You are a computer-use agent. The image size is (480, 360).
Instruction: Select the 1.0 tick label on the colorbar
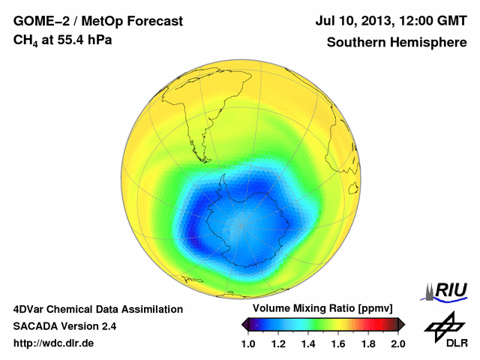click(x=249, y=343)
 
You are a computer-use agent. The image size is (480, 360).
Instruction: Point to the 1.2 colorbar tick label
click(x=279, y=343)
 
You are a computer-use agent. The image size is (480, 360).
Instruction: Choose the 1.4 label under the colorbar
click(x=309, y=343)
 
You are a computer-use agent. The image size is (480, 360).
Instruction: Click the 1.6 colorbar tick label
click(x=338, y=343)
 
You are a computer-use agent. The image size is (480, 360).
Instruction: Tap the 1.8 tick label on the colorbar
click(x=368, y=343)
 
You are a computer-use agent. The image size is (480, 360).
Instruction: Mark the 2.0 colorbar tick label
click(x=397, y=343)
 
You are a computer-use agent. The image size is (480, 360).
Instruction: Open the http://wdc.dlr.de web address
click(x=54, y=343)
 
